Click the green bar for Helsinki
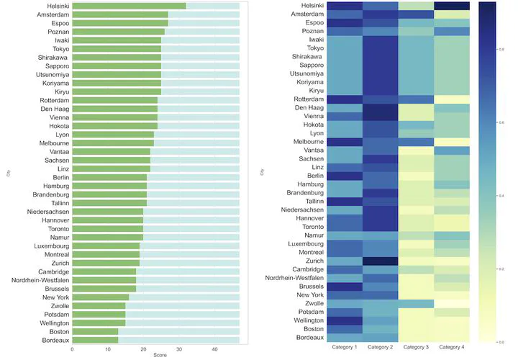[129, 6]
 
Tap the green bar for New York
[101, 297]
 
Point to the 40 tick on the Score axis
[214, 349]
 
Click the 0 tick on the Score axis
[73, 349]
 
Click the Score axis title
[155, 356]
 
